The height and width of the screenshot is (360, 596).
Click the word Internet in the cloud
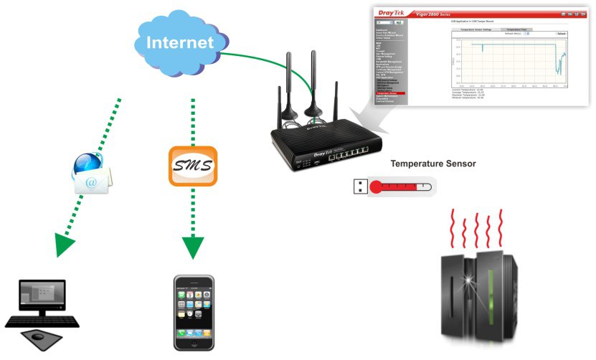(x=180, y=42)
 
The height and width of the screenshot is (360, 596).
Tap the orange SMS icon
(x=193, y=166)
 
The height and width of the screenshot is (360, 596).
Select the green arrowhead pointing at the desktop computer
(x=65, y=244)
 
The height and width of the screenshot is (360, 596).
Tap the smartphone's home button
(x=194, y=343)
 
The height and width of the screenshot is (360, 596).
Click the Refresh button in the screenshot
(x=561, y=34)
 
